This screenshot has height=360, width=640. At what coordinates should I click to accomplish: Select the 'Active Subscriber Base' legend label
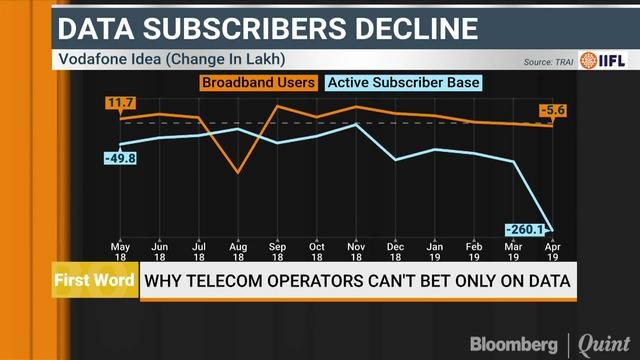(404, 82)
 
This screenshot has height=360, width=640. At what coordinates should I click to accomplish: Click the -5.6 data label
(553, 110)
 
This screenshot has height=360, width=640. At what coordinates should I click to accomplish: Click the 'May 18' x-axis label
(120, 251)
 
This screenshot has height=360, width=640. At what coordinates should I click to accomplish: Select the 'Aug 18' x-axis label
(237, 251)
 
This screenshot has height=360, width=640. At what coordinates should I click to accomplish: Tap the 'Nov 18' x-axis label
(355, 251)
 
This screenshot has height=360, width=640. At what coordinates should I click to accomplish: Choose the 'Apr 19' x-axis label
(552, 251)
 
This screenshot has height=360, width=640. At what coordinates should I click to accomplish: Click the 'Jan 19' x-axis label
(434, 251)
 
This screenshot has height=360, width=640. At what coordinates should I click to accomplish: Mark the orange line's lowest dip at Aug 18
(237, 173)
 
